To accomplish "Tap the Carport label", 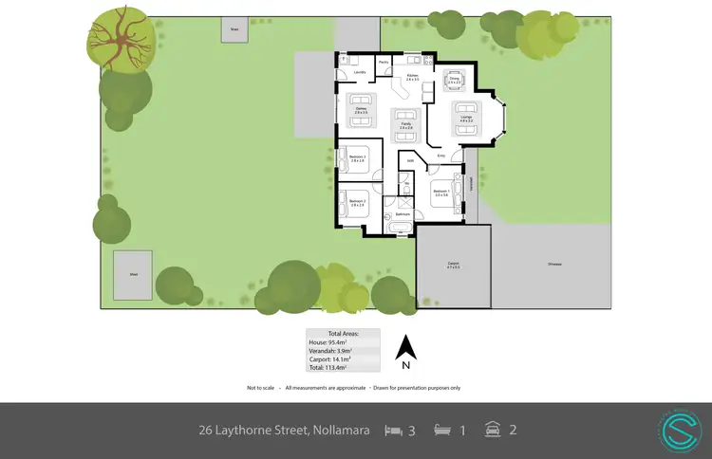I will [454, 265].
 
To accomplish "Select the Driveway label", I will [553, 263].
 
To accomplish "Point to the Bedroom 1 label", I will [441, 192].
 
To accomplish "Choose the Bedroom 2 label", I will [357, 201].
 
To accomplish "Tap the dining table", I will [453, 79].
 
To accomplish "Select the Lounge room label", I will [466, 118].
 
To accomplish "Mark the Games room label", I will [361, 110].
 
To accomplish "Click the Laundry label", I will [360, 72].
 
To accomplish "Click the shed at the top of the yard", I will [234, 28].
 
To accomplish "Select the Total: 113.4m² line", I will [342, 368].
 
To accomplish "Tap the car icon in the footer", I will [492, 430].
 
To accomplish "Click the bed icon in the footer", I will [392, 430].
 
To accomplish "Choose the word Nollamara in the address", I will [340, 430].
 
